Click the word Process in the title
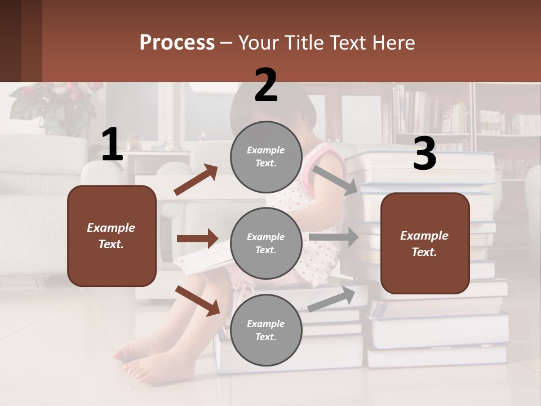[177, 43]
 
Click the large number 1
[112, 145]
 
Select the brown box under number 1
[112, 236]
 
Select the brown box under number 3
[425, 243]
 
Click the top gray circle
[266, 156]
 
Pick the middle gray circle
[266, 243]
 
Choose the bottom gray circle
[266, 330]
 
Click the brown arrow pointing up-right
[196, 180]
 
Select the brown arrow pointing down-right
[197, 301]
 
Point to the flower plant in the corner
[54, 101]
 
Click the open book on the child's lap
[203, 257]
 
